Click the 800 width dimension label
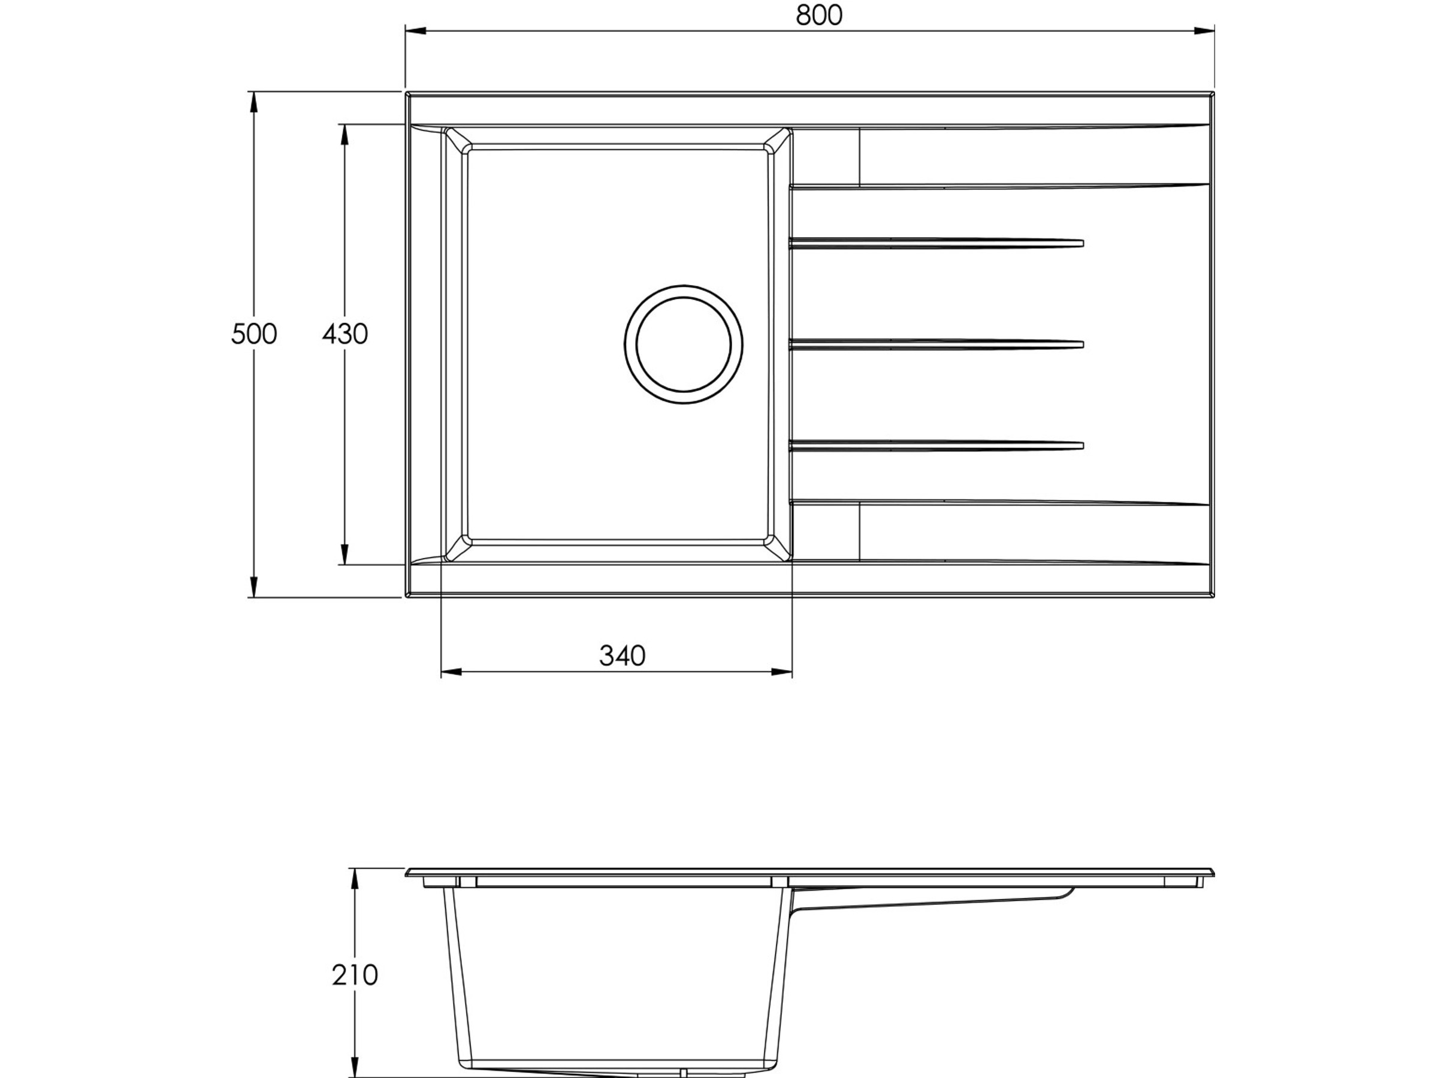pyautogui.click(x=818, y=15)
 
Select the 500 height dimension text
pyautogui.click(x=253, y=334)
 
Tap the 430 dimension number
pyautogui.click(x=345, y=334)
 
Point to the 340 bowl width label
pyautogui.click(x=622, y=656)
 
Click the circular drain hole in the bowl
pyautogui.click(x=683, y=344)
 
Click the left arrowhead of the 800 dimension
pyautogui.click(x=415, y=31)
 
